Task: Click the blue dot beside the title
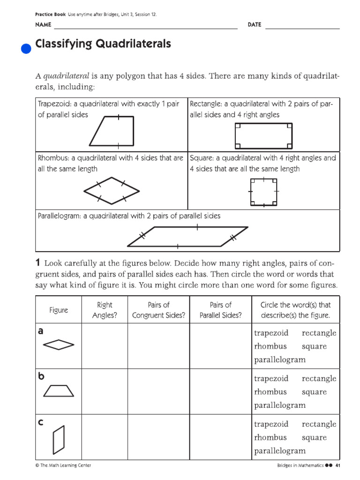[27, 48]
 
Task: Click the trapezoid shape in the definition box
[113, 131]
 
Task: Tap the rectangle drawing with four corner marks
[263, 135]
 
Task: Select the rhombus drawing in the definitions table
[112, 191]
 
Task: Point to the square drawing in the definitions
[264, 192]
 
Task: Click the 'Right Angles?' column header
[105, 310]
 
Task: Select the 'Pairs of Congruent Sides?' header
[158, 310]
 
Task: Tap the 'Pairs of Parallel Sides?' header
[220, 310]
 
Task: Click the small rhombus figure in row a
[59, 345]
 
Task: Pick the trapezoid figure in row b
[59, 391]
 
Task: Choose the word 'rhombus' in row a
[270, 346]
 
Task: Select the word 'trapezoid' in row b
[271, 378]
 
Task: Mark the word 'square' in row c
[314, 437]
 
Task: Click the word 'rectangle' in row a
[319, 333]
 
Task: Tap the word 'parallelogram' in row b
[279, 405]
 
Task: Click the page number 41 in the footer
[337, 465]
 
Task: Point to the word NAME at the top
[43, 24]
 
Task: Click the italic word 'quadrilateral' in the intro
[67, 76]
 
